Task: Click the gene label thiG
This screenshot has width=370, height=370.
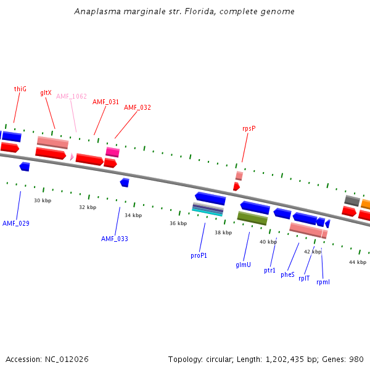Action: tap(20, 89)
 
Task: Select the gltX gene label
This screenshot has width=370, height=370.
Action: tap(46, 92)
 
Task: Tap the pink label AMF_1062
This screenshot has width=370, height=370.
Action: tap(72, 96)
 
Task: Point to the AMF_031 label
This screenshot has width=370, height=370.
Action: tap(105, 102)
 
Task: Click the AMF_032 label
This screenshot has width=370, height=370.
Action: tap(137, 107)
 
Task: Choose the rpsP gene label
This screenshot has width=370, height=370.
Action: tap(249, 128)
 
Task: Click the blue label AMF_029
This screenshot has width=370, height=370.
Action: tap(16, 223)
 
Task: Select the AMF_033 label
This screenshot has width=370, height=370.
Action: tap(115, 239)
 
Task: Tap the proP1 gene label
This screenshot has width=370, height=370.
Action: tap(199, 255)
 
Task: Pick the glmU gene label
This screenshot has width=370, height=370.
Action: tap(243, 265)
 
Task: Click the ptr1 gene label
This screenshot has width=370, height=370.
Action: tap(269, 270)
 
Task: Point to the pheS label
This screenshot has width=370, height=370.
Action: tap(287, 274)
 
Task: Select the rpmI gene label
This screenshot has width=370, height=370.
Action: tap(323, 282)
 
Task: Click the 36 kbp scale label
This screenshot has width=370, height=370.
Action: tap(178, 223)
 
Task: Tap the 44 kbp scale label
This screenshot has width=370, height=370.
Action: tap(358, 262)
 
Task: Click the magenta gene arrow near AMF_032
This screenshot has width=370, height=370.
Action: tap(112, 152)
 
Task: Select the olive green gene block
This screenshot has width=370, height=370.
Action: tap(252, 218)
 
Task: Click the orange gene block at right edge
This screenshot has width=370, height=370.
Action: tap(366, 204)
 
